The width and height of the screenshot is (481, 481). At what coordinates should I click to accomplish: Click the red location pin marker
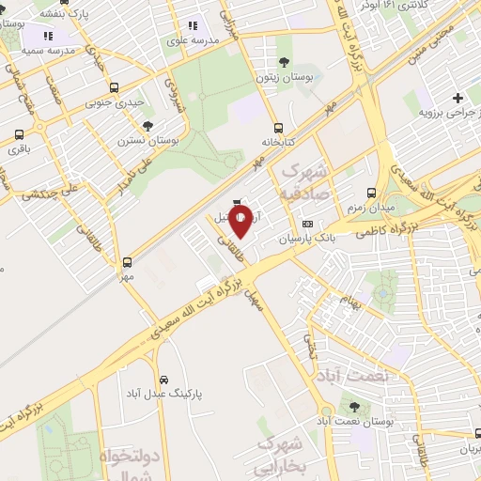(240, 222)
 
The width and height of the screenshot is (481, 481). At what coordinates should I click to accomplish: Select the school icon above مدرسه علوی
(193, 26)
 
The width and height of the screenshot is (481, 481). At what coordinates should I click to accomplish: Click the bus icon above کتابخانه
(277, 128)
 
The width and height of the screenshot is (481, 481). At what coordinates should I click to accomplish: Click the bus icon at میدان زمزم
(373, 191)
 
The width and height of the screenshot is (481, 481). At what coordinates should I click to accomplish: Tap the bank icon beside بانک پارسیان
(308, 224)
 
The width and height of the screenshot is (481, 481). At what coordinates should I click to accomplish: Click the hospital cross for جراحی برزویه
(458, 97)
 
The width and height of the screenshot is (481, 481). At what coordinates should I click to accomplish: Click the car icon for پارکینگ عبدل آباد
(164, 380)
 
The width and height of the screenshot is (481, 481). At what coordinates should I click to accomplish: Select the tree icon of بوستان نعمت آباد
(353, 407)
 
